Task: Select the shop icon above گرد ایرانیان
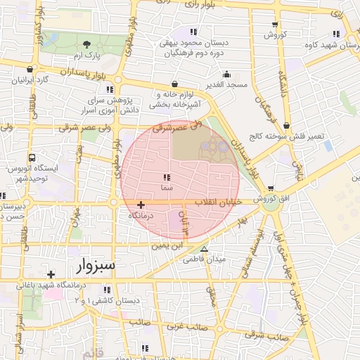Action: click(30, 70)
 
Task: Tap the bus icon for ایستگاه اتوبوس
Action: click(32, 158)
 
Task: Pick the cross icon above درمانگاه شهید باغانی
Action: click(50, 274)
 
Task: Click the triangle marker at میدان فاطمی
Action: click(205, 250)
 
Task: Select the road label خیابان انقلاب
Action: click(223, 202)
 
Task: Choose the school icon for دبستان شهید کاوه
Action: click(333, 34)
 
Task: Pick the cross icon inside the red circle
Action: click(141, 204)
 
